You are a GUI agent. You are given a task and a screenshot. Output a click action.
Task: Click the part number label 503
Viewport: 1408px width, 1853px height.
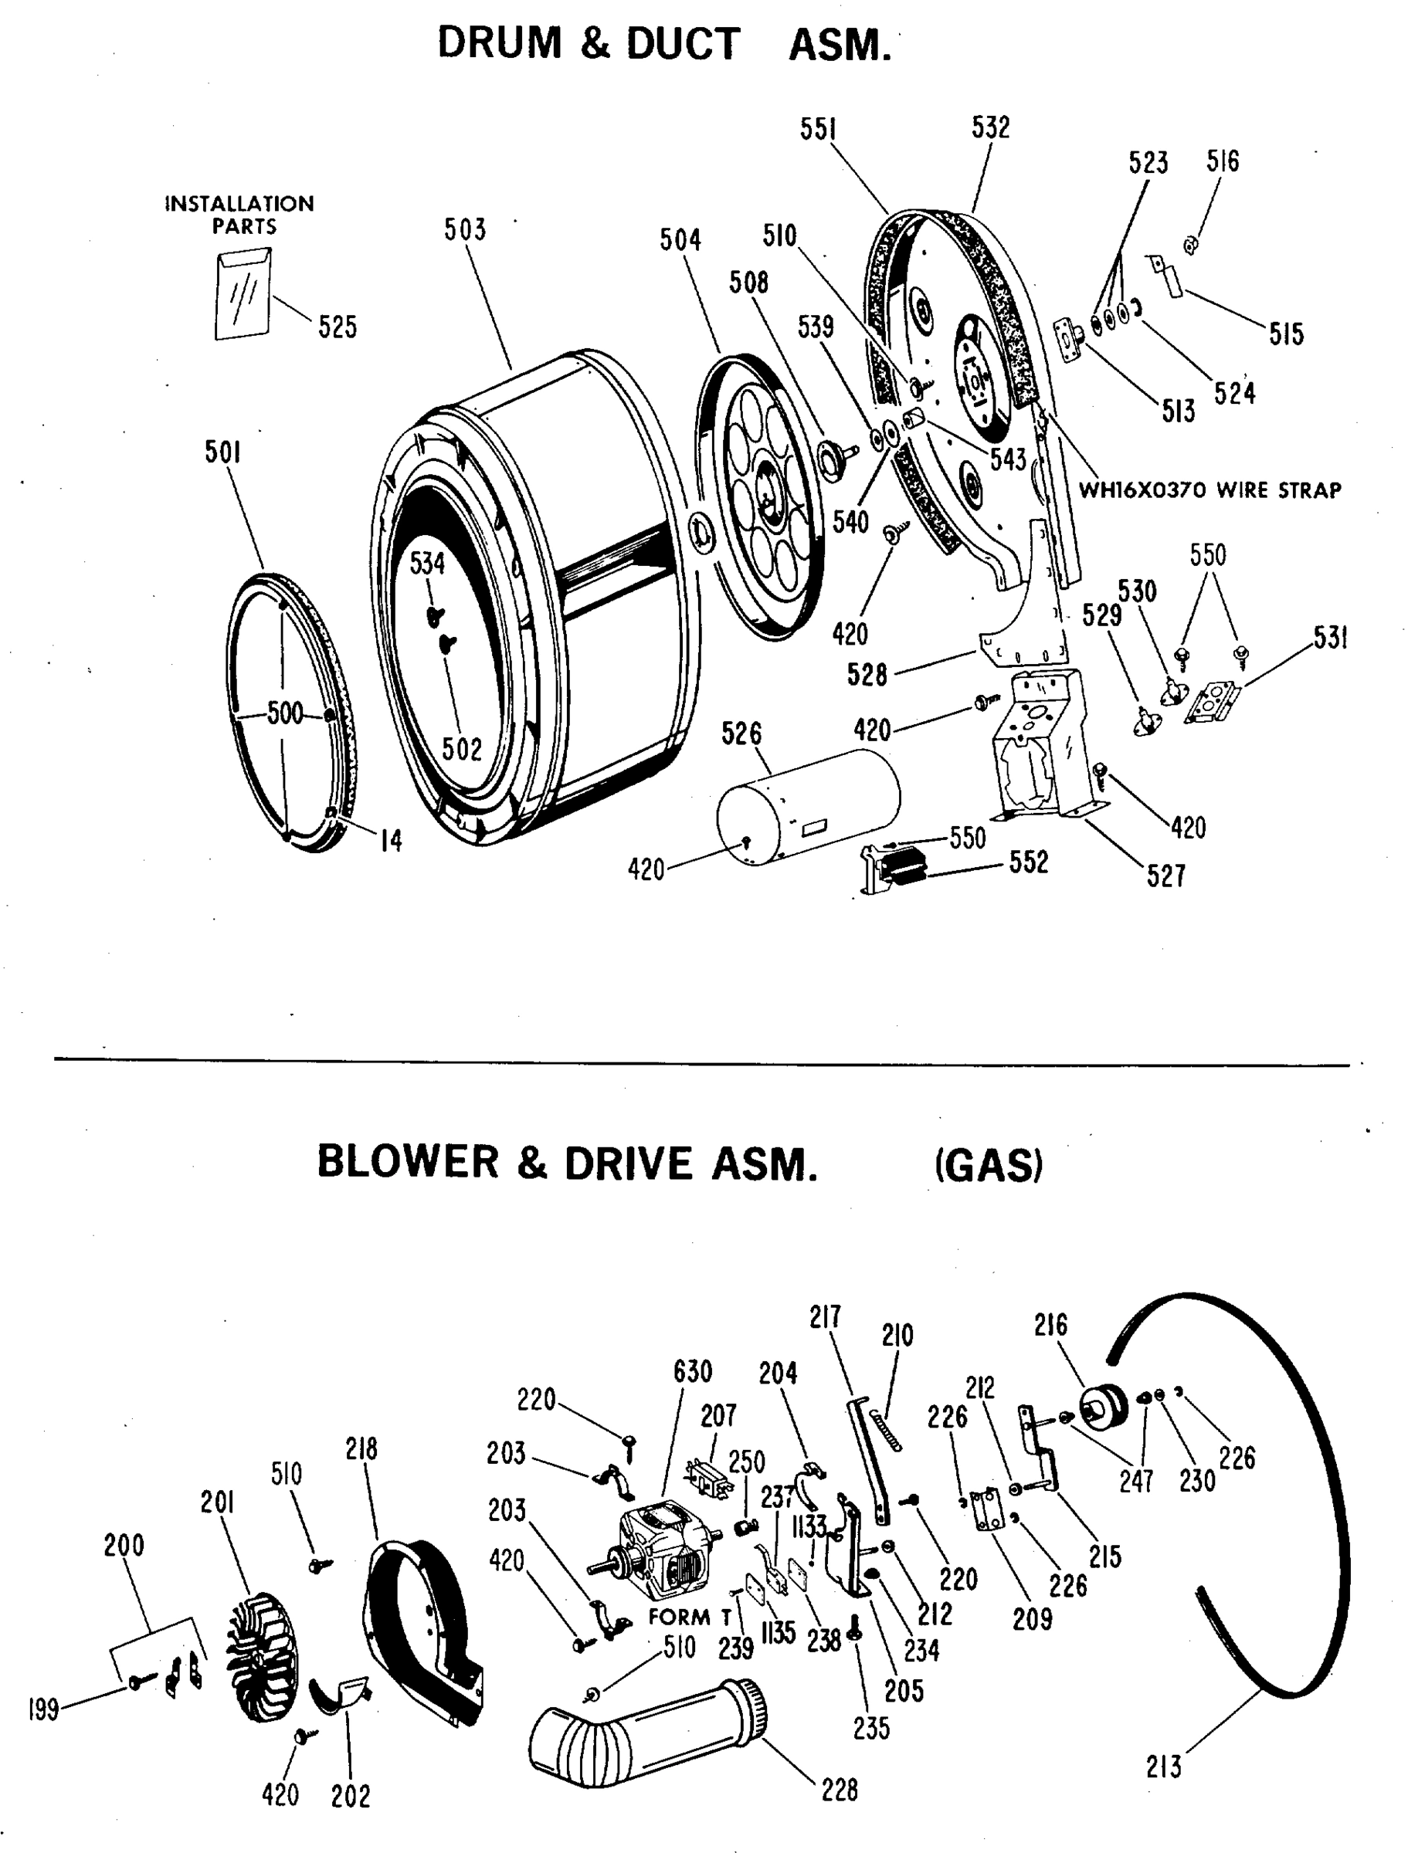[x=464, y=229]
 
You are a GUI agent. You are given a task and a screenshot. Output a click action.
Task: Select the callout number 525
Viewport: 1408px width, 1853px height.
[x=337, y=327]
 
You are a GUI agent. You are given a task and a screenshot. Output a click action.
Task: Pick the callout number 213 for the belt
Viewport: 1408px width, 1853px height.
[x=1163, y=1767]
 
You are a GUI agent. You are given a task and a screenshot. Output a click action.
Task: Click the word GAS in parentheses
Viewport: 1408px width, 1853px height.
[x=989, y=1165]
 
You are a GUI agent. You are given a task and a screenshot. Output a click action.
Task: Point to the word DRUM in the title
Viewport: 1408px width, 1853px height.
[x=500, y=43]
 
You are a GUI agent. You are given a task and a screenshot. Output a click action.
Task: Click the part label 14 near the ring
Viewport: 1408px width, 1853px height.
[x=392, y=840]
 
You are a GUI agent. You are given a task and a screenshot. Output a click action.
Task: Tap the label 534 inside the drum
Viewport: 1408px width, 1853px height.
[x=426, y=564]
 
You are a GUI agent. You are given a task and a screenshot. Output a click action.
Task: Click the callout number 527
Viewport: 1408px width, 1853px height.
[x=1165, y=876]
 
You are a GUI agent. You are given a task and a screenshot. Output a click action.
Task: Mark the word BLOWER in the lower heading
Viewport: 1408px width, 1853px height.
[x=407, y=1164]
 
